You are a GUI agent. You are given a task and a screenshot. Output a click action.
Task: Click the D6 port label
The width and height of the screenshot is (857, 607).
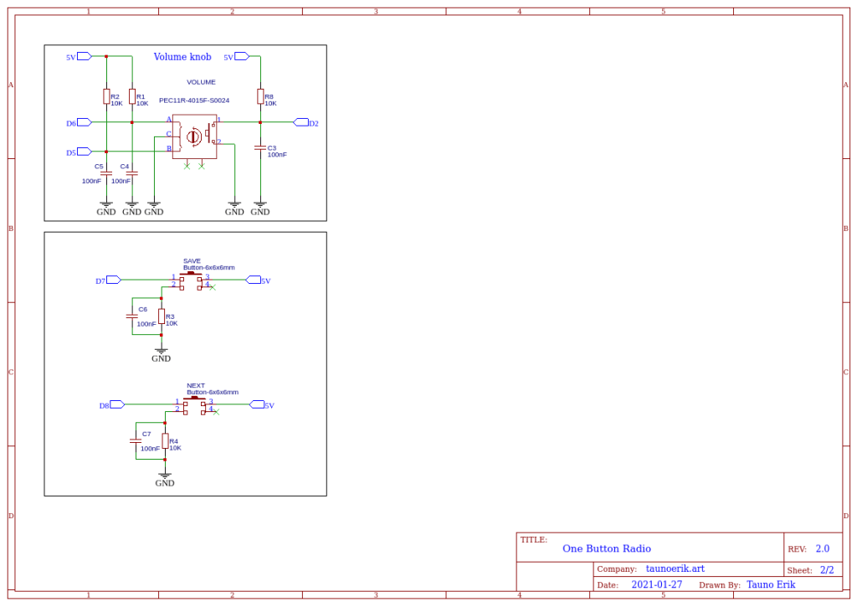coord(72,123)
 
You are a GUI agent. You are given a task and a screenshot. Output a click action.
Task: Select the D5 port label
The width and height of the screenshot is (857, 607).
coord(72,152)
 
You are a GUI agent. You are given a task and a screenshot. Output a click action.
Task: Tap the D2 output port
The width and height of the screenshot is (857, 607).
coord(313,123)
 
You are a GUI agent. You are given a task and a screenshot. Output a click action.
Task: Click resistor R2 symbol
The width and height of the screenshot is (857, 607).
coord(106,97)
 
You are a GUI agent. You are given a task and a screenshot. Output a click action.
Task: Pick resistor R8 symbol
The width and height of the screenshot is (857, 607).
coord(260,97)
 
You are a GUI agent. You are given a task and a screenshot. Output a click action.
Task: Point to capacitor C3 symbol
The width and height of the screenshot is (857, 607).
coord(260,147)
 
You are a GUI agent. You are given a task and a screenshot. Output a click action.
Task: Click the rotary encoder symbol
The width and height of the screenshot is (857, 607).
coord(194,136)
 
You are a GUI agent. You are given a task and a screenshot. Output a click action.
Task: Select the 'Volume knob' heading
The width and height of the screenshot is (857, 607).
coord(182,57)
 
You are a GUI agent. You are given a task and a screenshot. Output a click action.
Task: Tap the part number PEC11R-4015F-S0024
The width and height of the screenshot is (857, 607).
coord(194,100)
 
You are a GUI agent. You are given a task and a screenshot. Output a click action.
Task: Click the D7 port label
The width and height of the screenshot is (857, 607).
coord(100,280)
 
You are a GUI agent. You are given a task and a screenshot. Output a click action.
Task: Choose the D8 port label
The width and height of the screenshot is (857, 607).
coord(105,405)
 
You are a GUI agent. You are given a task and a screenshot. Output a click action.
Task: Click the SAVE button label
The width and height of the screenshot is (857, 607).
coord(192,260)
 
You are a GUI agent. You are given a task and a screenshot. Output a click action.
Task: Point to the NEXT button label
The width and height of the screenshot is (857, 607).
coord(196,386)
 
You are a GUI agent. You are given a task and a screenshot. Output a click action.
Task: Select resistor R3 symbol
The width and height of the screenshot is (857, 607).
coord(161,316)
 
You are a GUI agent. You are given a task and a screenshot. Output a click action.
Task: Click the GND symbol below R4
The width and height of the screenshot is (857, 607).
coord(165,477)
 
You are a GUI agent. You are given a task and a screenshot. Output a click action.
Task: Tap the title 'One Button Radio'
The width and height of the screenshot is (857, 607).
coord(607,548)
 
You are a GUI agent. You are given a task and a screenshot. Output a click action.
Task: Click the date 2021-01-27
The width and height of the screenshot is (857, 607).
coord(656,584)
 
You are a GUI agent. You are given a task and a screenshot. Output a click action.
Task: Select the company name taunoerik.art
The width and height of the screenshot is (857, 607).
coord(675,568)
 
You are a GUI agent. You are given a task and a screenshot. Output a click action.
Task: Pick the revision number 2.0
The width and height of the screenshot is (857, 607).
coord(822,548)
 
